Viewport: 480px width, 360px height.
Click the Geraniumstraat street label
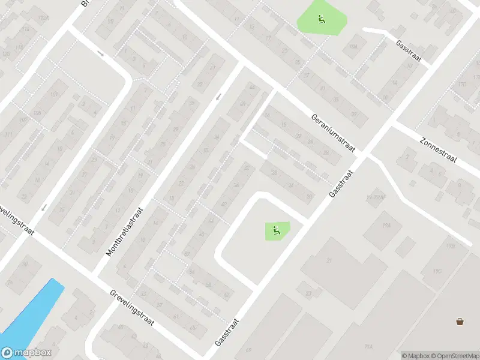pyautogui.click(x=334, y=133)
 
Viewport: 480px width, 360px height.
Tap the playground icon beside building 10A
pyautogui.click(x=321, y=20)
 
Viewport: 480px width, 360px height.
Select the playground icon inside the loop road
pyautogui.click(x=275, y=229)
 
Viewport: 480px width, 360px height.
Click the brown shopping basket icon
pyautogui.click(x=460, y=322)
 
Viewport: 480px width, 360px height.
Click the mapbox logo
pyautogui.click(x=26, y=353)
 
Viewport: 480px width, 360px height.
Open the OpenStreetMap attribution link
pyautogui.click(x=455, y=355)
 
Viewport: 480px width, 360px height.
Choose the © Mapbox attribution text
pyautogui.click(x=416, y=355)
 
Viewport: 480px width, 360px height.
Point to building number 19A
pyautogui.click(x=386, y=224)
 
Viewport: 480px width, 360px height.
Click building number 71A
pyautogui.click(x=368, y=347)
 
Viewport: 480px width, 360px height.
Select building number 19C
pyautogui.click(x=438, y=271)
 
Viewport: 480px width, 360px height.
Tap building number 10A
pyautogui.click(x=354, y=46)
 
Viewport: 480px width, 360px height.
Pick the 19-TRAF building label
pyautogui.click(x=374, y=197)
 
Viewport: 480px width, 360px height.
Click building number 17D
pyautogui.click(x=461, y=85)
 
